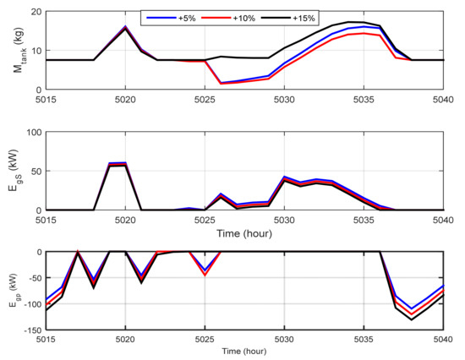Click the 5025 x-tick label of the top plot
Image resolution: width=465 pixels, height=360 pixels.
[x=205, y=99]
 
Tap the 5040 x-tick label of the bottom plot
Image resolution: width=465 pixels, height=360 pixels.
[x=443, y=340]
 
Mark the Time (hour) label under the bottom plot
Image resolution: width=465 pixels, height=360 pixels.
[x=245, y=350]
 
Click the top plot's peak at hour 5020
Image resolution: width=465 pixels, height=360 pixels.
[x=125, y=26]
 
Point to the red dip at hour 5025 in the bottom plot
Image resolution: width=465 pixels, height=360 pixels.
[x=205, y=275]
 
